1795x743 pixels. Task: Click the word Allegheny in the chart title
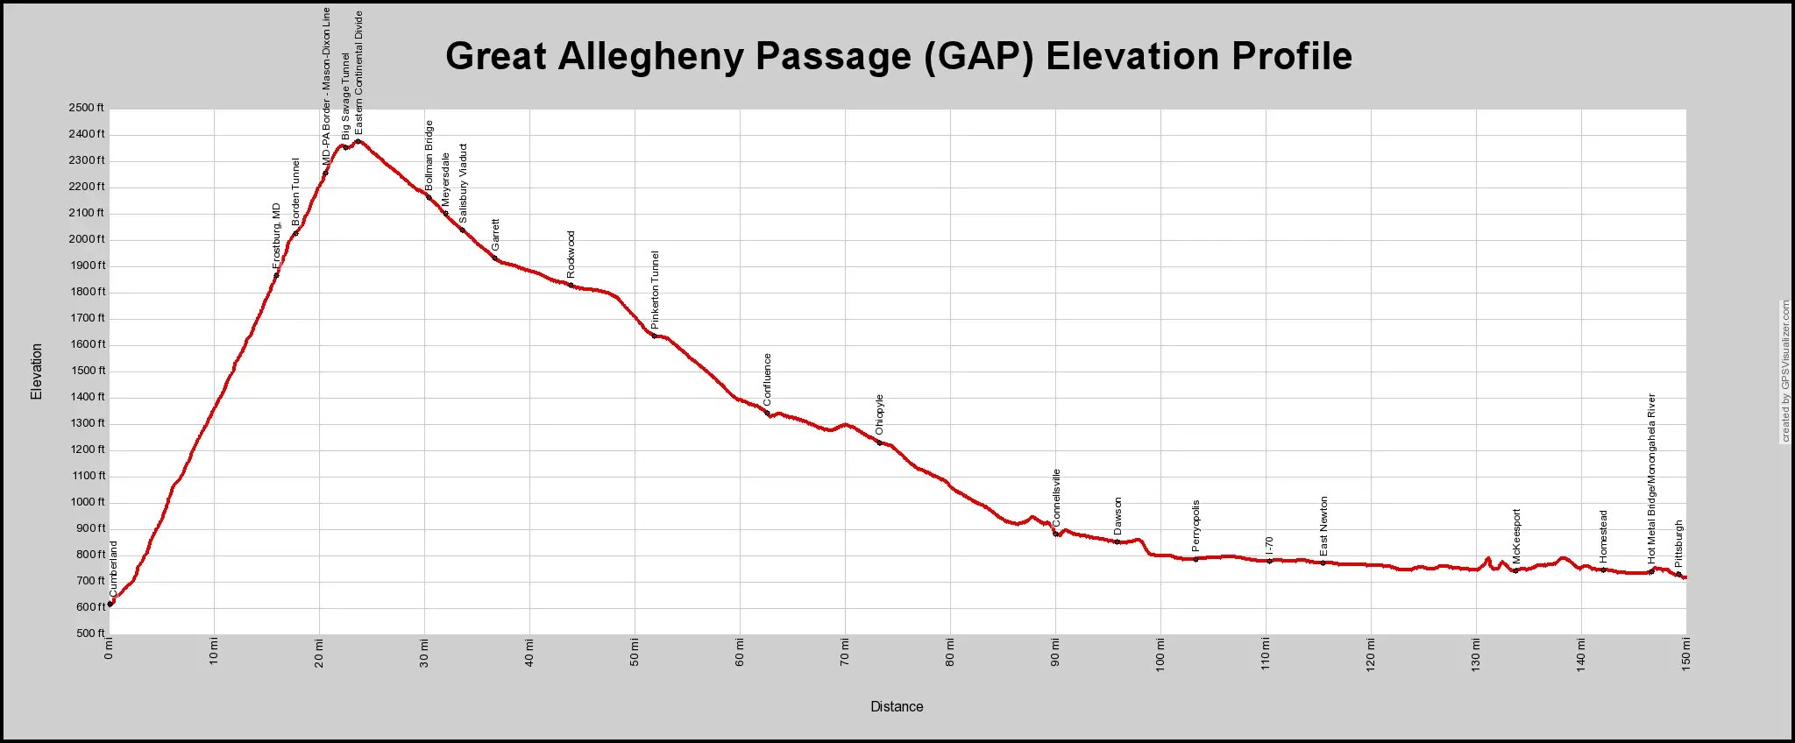[x=648, y=56]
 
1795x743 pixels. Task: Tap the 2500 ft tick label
[x=86, y=108]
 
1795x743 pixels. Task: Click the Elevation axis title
[x=37, y=371]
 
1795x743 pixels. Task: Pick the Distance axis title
[x=897, y=706]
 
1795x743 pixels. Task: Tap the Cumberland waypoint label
[x=114, y=569]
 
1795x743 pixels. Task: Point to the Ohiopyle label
[x=880, y=414]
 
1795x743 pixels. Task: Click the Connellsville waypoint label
[x=1056, y=498]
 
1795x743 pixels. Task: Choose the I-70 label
[x=1269, y=546]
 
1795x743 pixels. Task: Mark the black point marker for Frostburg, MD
[x=276, y=275]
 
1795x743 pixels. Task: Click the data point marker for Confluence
[x=767, y=413]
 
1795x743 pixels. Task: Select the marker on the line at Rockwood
[x=571, y=285]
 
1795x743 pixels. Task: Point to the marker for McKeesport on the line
[x=1515, y=570]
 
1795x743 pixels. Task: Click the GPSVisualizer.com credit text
[x=1785, y=371]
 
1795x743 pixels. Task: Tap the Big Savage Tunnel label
[x=345, y=96]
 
